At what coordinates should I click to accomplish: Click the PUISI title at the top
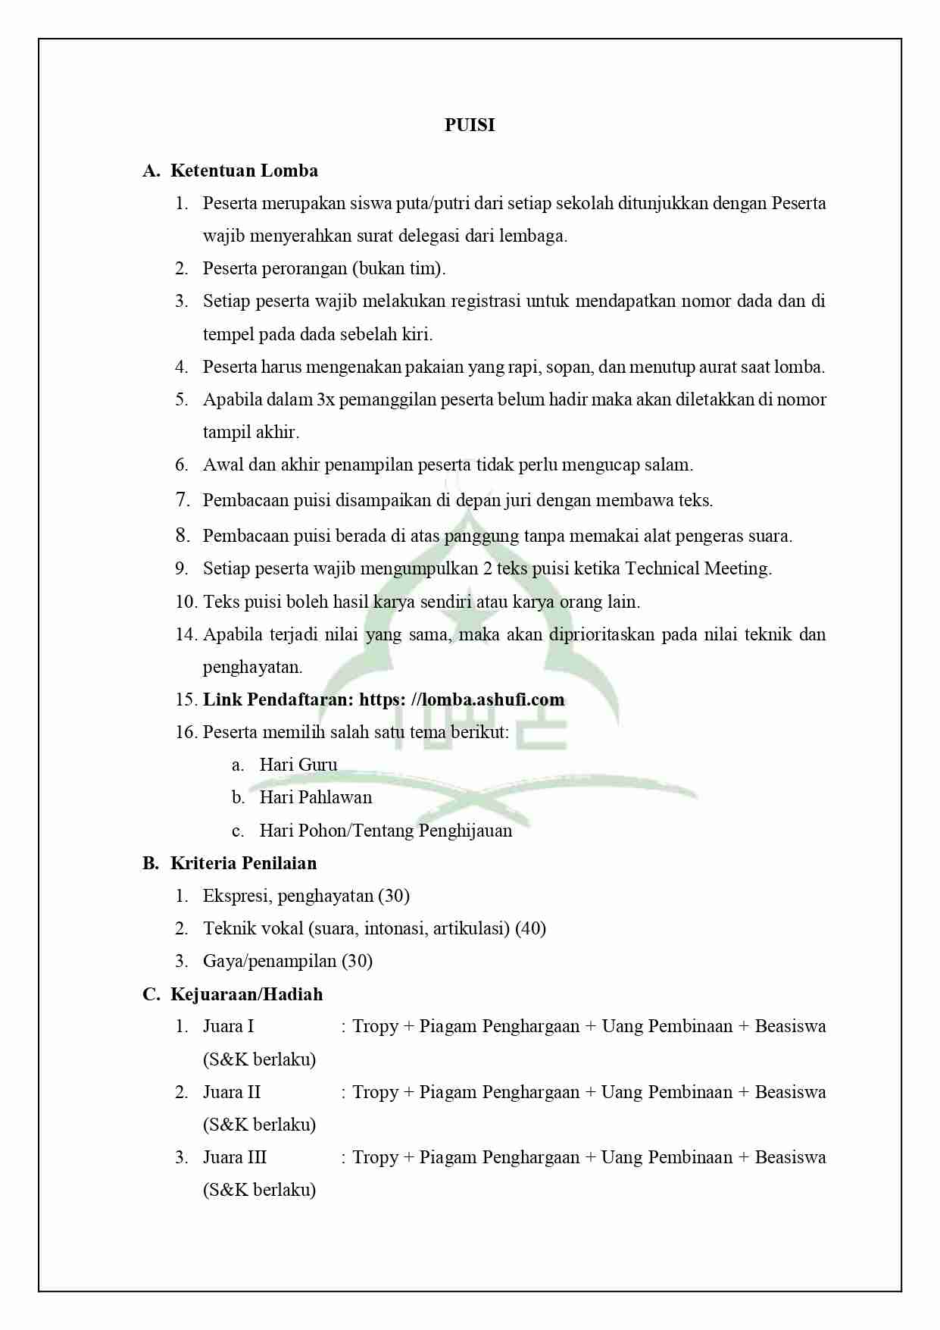point(470,125)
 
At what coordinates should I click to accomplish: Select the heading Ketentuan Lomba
point(244,171)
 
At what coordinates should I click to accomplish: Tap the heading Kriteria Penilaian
point(243,863)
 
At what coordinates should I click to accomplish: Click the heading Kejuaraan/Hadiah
point(246,994)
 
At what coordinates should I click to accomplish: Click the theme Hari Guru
point(298,765)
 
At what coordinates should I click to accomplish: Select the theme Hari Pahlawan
point(315,797)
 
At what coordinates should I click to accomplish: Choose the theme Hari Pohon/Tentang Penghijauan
point(386,831)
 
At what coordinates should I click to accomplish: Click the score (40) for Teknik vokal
point(530,928)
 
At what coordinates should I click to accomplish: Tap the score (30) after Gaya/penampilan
point(357,961)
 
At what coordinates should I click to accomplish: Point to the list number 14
point(186,634)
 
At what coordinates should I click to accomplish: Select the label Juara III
point(235,1157)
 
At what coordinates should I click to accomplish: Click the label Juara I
point(228,1026)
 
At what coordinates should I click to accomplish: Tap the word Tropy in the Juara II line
point(375,1092)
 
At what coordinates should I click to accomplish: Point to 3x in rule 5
point(325,399)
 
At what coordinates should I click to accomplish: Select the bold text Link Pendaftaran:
point(278,699)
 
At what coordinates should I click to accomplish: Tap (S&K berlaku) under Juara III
point(259,1190)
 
